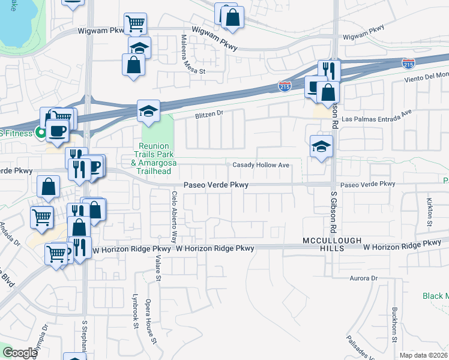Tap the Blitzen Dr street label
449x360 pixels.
[208, 113]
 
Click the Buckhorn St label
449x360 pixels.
[394, 325]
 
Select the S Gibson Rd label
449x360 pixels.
[332, 212]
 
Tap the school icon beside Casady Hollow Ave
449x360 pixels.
[321, 146]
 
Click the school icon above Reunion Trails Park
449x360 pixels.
[148, 110]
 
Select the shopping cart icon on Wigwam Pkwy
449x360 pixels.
[135, 24]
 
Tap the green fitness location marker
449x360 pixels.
[41, 133]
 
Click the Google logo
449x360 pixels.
[20, 353]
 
